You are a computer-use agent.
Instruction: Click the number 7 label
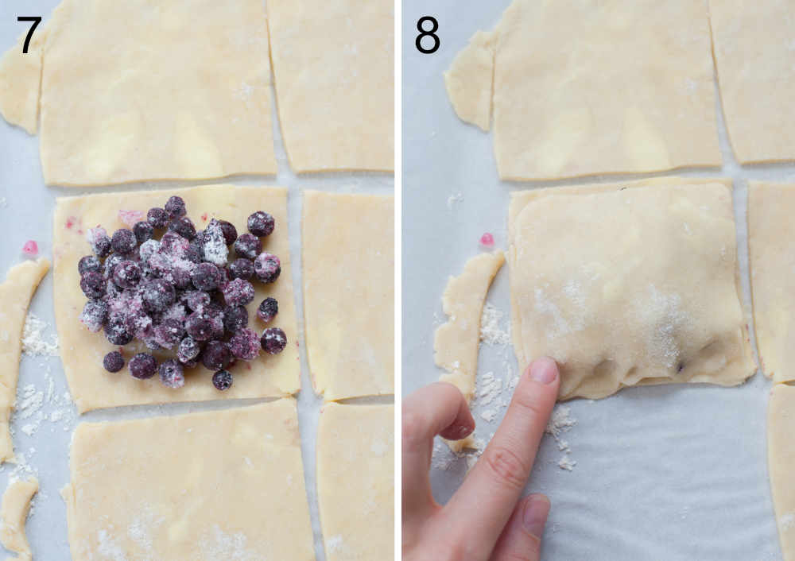(x=29, y=35)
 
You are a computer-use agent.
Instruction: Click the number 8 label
(x=427, y=35)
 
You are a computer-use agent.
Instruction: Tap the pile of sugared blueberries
(x=179, y=290)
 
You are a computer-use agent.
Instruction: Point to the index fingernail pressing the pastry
(x=544, y=370)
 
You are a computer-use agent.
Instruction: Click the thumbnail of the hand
(x=535, y=515)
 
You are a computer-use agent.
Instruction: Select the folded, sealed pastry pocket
(x=628, y=286)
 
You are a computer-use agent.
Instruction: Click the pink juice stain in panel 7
(x=30, y=248)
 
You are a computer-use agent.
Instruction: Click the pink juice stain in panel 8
(x=487, y=239)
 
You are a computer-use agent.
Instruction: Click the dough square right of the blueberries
(x=347, y=294)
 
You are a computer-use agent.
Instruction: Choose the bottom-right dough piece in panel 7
(x=356, y=481)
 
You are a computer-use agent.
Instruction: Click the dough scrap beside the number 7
(x=19, y=87)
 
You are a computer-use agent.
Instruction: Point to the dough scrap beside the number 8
(x=471, y=79)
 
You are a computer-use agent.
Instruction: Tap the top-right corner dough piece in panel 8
(x=754, y=79)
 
